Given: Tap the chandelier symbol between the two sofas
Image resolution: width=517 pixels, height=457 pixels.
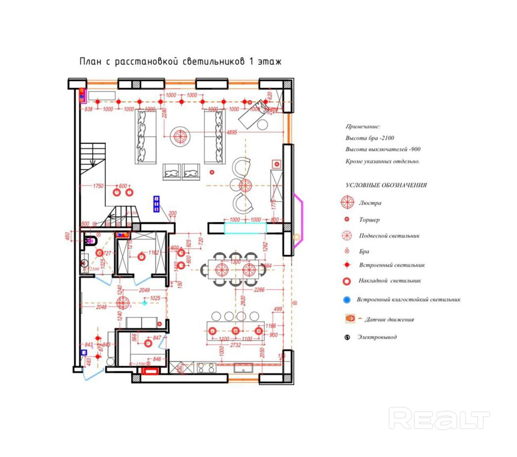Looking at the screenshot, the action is [180, 137].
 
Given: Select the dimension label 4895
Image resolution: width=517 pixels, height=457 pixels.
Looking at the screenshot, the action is [232, 132].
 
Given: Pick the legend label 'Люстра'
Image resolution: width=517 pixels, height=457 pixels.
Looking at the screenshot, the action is [370, 203].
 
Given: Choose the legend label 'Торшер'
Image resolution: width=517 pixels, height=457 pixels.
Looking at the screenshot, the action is [369, 220].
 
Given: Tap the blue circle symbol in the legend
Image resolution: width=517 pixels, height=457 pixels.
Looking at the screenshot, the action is [346, 300].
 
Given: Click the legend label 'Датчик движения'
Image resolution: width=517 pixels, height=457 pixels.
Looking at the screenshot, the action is [389, 319].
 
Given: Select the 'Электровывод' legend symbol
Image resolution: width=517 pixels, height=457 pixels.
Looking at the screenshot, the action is [347, 337].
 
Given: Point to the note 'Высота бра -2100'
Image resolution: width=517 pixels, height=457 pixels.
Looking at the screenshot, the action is [370, 138].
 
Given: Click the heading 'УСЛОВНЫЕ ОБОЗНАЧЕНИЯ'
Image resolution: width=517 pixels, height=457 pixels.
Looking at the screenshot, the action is [386, 185].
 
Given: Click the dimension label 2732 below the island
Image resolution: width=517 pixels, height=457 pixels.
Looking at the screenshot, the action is [235, 345].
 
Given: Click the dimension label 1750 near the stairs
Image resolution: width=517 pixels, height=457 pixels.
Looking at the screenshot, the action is [98, 186].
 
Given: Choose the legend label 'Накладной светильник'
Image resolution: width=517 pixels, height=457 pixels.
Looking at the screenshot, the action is [390, 281].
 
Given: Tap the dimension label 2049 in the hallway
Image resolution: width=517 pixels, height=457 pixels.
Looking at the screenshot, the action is [144, 290].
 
